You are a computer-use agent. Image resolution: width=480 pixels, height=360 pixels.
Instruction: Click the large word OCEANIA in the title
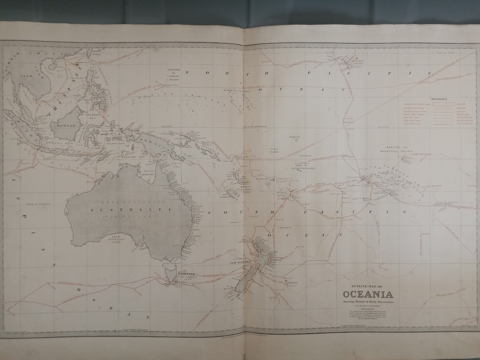click(x=367, y=294)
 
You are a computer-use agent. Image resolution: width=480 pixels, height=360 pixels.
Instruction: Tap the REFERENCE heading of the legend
click(x=439, y=99)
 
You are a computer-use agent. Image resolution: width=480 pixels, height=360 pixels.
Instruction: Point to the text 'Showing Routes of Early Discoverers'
click(x=367, y=302)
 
